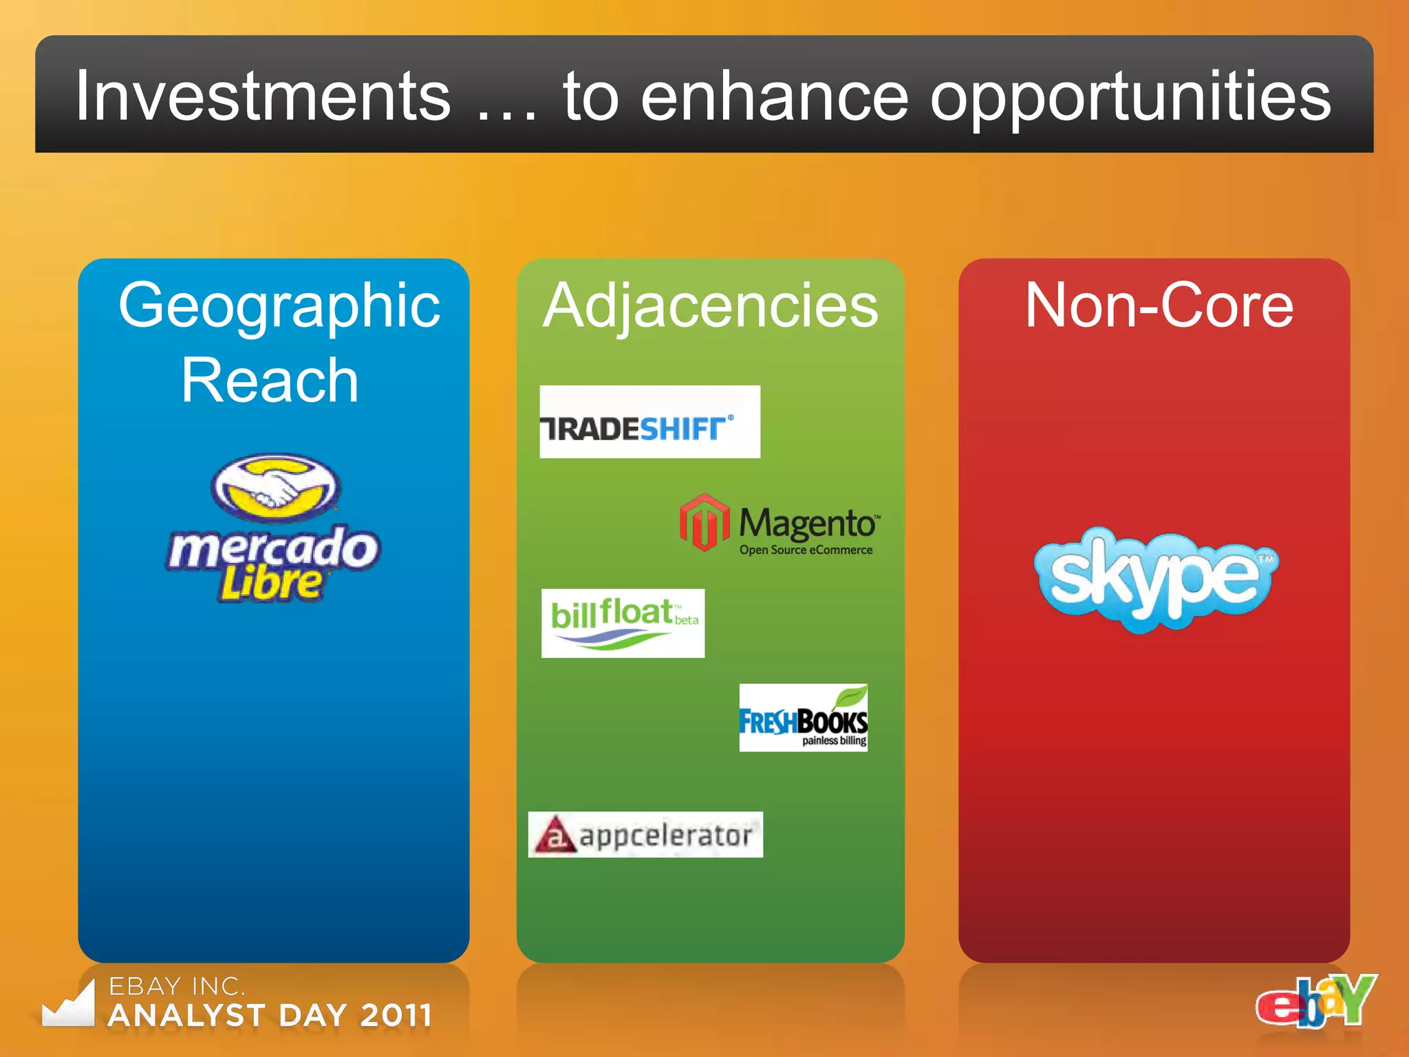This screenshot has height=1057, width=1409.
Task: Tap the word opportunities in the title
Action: click(1130, 98)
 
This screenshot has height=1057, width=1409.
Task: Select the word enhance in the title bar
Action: click(774, 98)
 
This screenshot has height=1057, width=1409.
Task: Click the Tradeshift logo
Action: click(649, 422)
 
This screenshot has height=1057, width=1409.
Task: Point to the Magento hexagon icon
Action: click(704, 522)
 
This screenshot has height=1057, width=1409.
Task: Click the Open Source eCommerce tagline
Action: click(806, 550)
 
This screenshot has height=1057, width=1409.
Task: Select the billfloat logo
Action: click(623, 623)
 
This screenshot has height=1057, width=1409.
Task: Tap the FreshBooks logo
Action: click(803, 718)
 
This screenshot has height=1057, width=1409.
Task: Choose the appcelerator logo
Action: click(645, 835)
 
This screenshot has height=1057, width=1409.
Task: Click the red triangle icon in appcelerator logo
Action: click(555, 835)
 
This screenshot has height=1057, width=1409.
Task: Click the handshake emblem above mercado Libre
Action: click(275, 487)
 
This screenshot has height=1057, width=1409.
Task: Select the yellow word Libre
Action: click(271, 583)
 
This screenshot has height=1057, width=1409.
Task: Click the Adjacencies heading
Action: click(710, 306)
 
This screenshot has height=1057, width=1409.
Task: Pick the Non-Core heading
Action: click(1159, 306)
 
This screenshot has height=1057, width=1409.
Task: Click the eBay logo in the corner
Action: click(1315, 1001)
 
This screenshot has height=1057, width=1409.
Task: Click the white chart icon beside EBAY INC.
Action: click(69, 1005)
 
